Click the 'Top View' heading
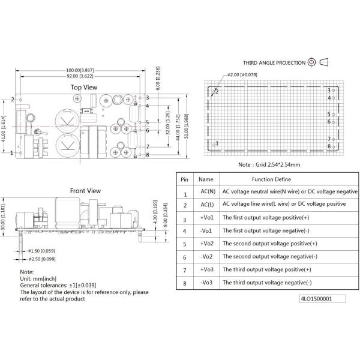coord(84,88)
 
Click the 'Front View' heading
coord(85,191)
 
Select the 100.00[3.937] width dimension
coord(80,70)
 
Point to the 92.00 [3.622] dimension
coord(80,76)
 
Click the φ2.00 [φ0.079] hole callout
coord(242,75)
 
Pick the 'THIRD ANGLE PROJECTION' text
coord(274,63)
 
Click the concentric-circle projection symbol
coord(311,62)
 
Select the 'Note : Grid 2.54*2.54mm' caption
coord(269,164)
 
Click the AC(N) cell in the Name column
coord(208,191)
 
